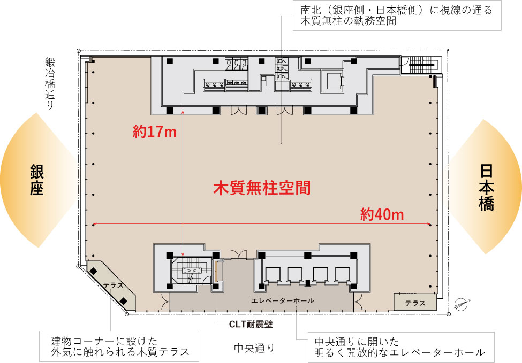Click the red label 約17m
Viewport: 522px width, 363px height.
[x=154, y=132]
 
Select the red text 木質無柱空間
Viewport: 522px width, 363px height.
[x=262, y=188]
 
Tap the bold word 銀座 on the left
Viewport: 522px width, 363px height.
[x=36, y=181]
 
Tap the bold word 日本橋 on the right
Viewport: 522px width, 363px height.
[x=486, y=187]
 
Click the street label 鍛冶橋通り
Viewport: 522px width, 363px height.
[x=50, y=83]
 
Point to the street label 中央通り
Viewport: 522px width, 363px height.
[x=254, y=348]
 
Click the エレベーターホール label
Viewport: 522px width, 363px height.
[x=283, y=301]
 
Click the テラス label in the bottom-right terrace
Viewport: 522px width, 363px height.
[x=415, y=303]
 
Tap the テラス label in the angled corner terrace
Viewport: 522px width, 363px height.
[x=114, y=285]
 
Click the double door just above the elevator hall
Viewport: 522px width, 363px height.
[x=239, y=254]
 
